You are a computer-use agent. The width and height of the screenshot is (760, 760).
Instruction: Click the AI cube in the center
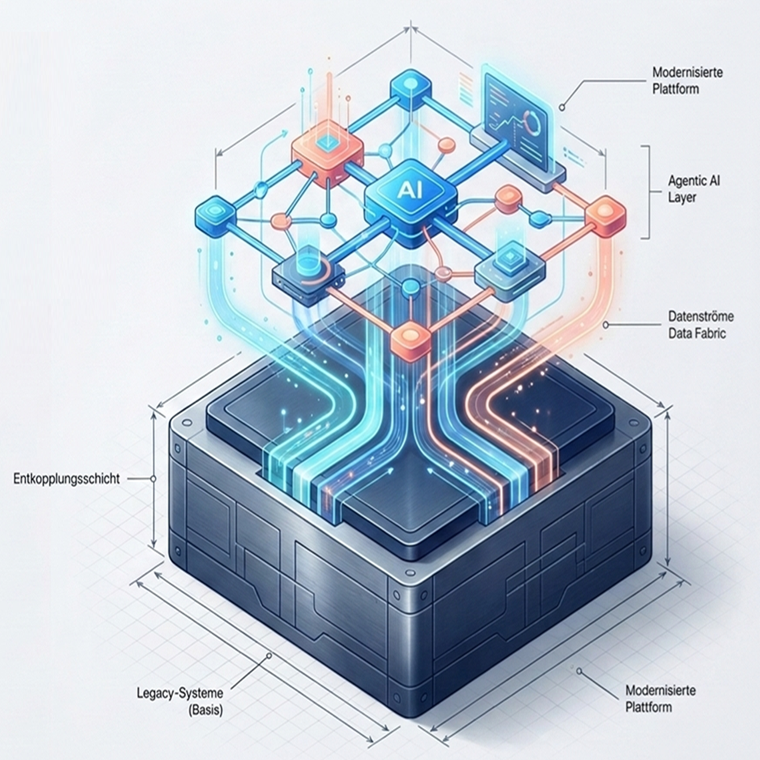[x=410, y=201]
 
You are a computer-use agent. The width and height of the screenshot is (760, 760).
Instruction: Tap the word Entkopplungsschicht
[x=67, y=479]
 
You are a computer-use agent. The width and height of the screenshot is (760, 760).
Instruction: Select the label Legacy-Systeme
[x=179, y=693]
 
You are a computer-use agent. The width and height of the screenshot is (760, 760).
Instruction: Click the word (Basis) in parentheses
[x=205, y=711]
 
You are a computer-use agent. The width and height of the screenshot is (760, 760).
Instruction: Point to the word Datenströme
[x=701, y=316]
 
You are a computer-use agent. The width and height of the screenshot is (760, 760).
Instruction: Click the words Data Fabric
[x=697, y=334]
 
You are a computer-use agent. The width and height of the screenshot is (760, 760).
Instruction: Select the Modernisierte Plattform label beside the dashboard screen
[x=687, y=81]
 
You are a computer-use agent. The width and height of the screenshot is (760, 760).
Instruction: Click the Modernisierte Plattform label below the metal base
[x=660, y=699]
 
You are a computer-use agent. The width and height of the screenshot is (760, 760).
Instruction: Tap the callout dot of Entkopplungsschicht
[x=153, y=479]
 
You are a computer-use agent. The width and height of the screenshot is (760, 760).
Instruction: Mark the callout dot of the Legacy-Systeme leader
[x=269, y=656]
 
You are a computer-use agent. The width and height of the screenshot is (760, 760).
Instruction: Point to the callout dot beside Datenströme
[x=605, y=325]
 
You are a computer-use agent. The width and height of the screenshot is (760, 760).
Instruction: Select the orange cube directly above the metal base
[x=410, y=341]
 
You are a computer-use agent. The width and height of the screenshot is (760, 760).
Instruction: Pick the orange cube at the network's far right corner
[x=606, y=216]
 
